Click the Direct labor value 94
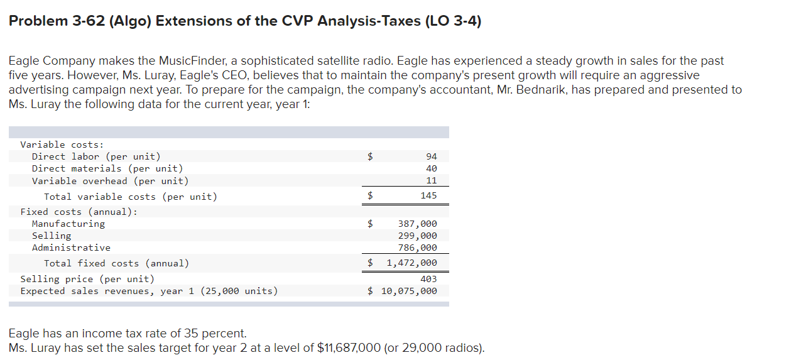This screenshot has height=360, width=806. tap(431, 156)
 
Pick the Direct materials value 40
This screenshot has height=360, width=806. tap(431, 168)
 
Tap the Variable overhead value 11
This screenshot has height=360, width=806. tap(431, 181)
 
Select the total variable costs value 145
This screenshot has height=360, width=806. tap(428, 196)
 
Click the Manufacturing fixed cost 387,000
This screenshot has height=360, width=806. tap(417, 224)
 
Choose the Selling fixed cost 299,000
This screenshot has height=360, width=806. tap(417, 236)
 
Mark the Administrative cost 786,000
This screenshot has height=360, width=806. tap(417, 248)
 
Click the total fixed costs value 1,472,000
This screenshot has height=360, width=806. tap(411, 263)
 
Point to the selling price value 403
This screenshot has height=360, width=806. tap(428, 279)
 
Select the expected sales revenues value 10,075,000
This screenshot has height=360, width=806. tap(409, 291)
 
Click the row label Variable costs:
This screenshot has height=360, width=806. tap(62, 145)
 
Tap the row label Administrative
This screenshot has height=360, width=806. tap(71, 248)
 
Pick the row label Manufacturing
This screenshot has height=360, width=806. tap(68, 224)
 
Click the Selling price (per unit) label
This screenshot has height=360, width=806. tap(87, 279)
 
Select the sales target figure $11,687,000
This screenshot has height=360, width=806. tap(349, 348)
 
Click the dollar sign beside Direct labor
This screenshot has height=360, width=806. tap(371, 156)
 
